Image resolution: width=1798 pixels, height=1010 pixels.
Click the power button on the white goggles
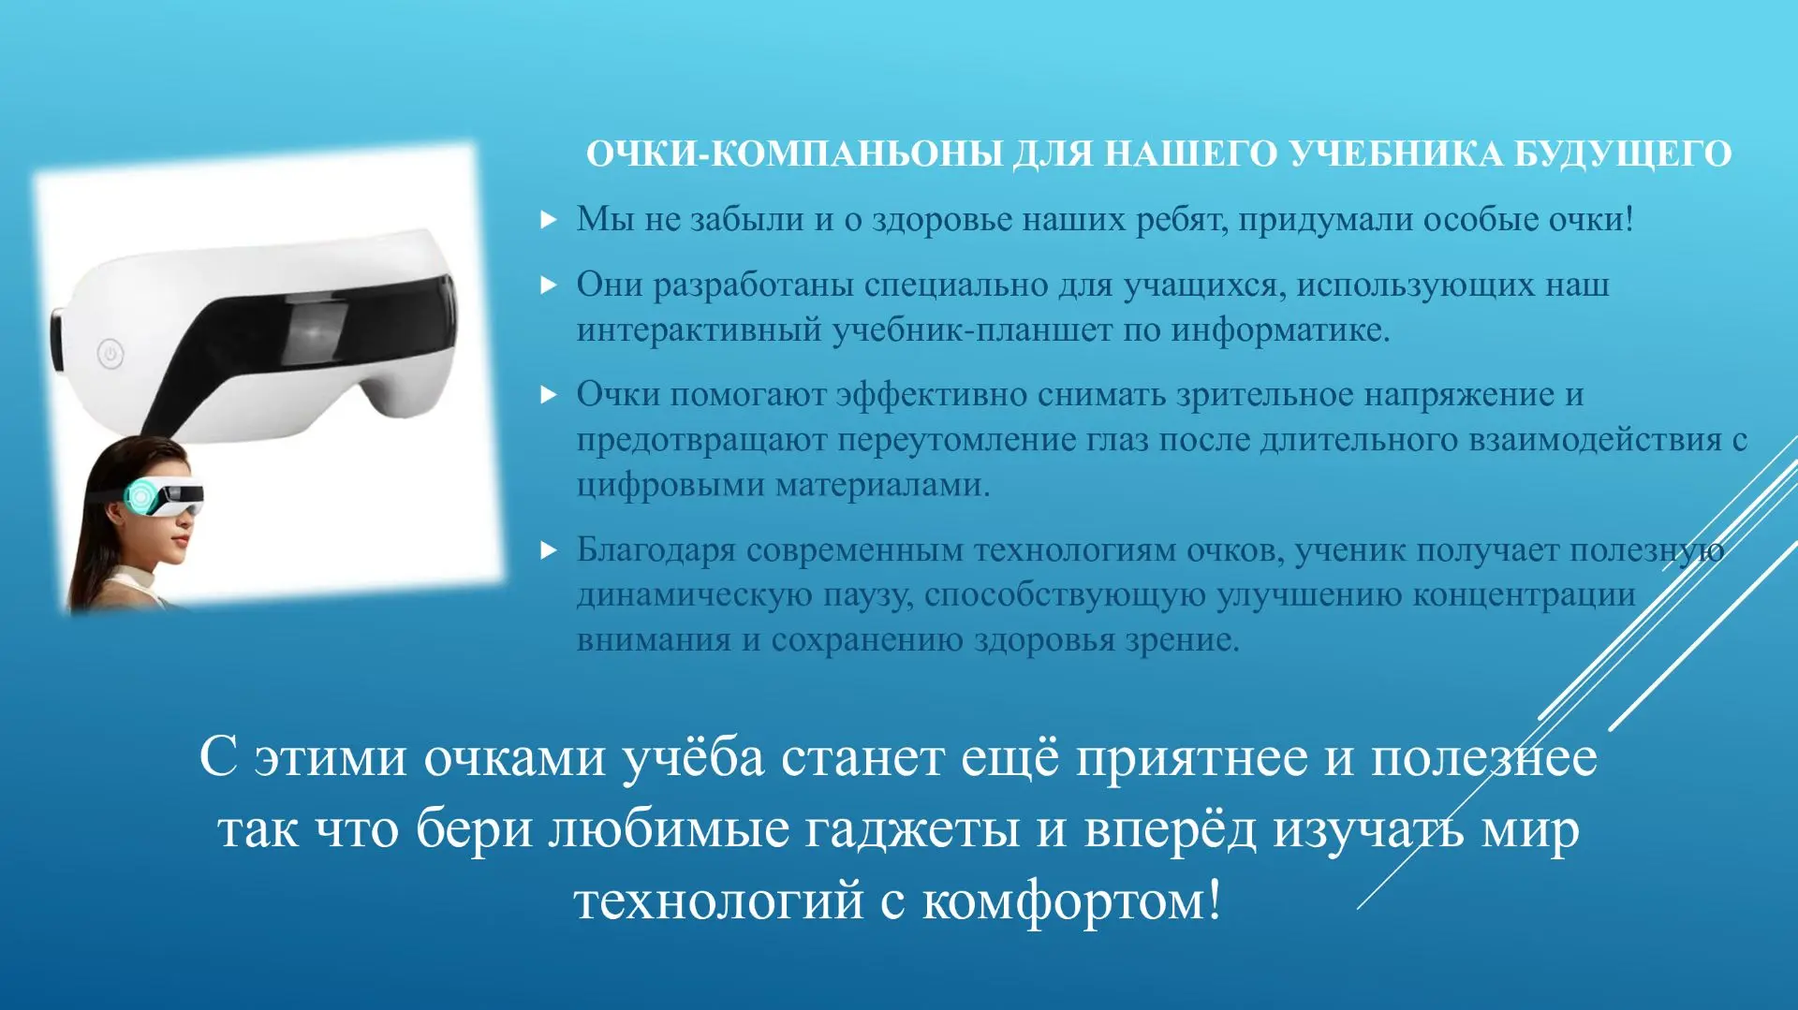tap(111, 354)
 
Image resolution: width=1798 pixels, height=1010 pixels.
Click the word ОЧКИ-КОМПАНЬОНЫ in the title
tap(795, 154)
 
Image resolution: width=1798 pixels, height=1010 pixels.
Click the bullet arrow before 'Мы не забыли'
tap(549, 220)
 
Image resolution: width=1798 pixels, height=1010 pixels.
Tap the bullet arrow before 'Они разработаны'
tap(549, 285)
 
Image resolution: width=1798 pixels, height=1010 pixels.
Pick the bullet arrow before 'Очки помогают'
tap(549, 395)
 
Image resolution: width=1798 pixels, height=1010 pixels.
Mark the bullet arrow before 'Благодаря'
tap(549, 550)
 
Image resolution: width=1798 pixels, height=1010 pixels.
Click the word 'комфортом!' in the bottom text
tap(1072, 900)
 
